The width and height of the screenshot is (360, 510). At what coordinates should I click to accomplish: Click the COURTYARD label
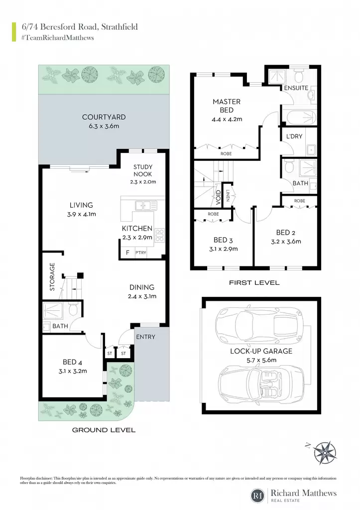[x=104, y=117]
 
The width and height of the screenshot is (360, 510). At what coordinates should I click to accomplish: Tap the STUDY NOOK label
[x=143, y=170]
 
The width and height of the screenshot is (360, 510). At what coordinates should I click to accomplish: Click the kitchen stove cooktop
[x=160, y=236]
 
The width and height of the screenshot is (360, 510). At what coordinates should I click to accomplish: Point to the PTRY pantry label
[x=141, y=253]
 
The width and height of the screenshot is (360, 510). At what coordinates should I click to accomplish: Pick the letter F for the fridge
[x=128, y=253]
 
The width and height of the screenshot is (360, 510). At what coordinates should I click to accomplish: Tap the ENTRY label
[x=146, y=337]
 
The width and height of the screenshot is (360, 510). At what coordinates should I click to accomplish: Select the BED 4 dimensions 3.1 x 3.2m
[x=73, y=371]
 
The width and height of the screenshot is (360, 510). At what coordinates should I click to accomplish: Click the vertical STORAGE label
[x=52, y=277]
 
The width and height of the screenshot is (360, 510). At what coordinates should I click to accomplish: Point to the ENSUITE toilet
[x=298, y=76]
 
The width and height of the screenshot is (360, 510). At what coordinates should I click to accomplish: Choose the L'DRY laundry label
[x=294, y=136]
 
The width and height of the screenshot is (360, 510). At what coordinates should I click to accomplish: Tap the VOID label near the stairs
[x=218, y=197]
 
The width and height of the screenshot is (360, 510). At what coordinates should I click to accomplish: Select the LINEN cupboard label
[x=228, y=195]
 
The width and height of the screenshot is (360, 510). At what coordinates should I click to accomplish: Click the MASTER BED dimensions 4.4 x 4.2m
[x=227, y=119]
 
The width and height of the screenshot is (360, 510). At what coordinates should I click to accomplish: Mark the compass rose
[x=326, y=452]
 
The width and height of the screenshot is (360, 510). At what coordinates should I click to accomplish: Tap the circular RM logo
[x=258, y=496]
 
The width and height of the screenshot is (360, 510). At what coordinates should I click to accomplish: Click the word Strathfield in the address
[x=120, y=27]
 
